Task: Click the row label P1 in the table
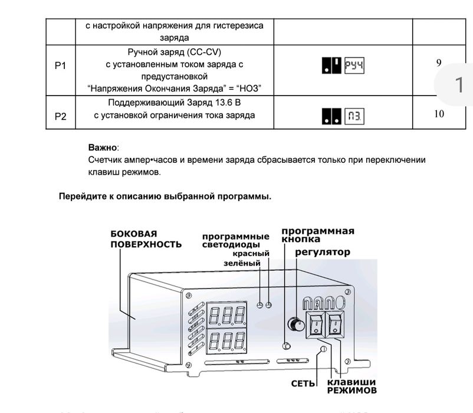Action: (x=61, y=65)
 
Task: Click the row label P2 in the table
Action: (x=61, y=116)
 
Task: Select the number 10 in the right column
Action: (x=438, y=113)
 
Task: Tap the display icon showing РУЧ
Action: (x=354, y=65)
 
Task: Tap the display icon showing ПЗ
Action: (x=354, y=116)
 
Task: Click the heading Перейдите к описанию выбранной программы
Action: (x=165, y=196)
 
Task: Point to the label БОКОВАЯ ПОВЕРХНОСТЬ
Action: (x=146, y=239)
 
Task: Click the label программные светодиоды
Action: (x=235, y=240)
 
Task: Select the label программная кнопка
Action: (x=317, y=234)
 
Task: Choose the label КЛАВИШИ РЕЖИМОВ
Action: (x=352, y=386)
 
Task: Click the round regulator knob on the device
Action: (x=293, y=324)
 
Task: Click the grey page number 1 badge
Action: (x=459, y=85)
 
